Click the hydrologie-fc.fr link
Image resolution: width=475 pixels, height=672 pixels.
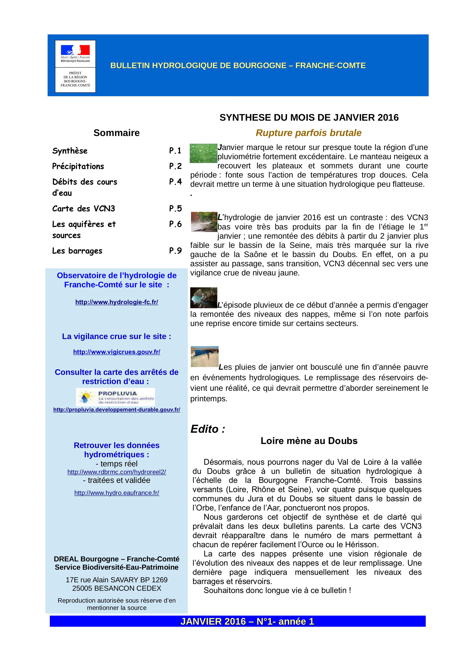tap(116, 302)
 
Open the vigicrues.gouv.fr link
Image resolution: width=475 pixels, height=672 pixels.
tap(116, 352)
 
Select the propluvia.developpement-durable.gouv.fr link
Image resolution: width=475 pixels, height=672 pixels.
tap(116, 410)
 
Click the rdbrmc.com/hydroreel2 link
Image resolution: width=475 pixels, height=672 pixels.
tap(116, 472)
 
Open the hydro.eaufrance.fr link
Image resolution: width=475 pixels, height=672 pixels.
tap(116, 493)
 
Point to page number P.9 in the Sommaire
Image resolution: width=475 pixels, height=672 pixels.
tap(175, 251)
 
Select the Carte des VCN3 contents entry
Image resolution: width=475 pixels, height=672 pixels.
tap(83, 209)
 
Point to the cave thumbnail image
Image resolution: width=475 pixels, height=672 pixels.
tap(204, 298)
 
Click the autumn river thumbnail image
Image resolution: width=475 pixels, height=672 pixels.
tap(204, 222)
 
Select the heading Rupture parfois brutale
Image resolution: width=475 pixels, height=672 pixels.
tap(308, 133)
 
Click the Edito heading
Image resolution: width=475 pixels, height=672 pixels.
tap(208, 429)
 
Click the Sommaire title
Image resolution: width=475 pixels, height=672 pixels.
tap(116, 133)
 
